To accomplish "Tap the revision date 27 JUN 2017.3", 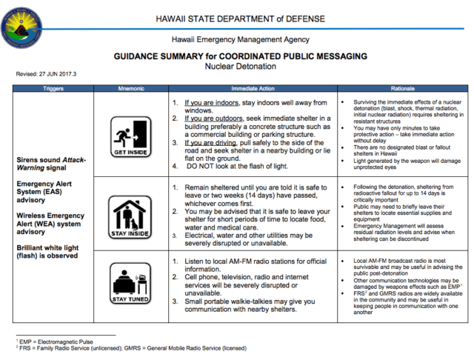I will tap(45, 74).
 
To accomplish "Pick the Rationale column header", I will tap(401, 88).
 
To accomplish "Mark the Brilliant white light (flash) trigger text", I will tap(52, 251).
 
